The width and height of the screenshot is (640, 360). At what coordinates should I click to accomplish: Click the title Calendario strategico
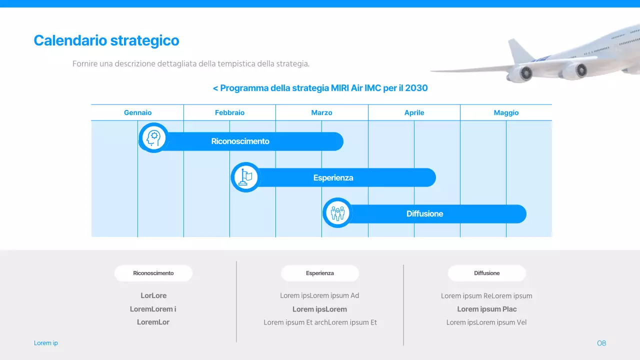(106, 40)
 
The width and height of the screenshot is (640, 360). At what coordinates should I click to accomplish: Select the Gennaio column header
(137, 112)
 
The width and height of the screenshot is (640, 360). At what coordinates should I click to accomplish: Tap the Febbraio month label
(229, 112)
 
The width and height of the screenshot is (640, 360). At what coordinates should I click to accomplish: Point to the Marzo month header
(321, 112)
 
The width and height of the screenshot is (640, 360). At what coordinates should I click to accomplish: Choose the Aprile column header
(414, 112)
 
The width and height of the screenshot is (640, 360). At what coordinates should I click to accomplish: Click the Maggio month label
(506, 112)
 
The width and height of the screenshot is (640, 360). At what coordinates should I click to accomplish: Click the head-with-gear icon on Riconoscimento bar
(153, 137)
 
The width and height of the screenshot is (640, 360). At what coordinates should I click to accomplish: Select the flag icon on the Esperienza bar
(245, 177)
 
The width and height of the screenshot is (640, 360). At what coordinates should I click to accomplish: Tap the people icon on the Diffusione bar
(337, 213)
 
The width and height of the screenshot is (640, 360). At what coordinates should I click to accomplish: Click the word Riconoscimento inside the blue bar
(240, 141)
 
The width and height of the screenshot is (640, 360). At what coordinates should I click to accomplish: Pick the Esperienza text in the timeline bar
(333, 178)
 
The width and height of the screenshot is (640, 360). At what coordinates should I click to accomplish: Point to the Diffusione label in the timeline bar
(424, 214)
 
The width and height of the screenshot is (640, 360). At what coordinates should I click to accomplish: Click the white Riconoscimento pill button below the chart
(153, 273)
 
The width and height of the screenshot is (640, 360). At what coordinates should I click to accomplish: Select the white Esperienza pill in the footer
(320, 273)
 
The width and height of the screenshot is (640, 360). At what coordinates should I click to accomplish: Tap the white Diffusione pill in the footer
(486, 273)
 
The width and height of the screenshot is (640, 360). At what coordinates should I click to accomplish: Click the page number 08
(601, 343)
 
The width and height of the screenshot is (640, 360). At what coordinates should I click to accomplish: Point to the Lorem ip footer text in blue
(46, 343)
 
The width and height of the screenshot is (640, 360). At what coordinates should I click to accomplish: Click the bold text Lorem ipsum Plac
(486, 309)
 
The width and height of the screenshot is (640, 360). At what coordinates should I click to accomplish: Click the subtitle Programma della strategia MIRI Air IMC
(320, 88)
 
